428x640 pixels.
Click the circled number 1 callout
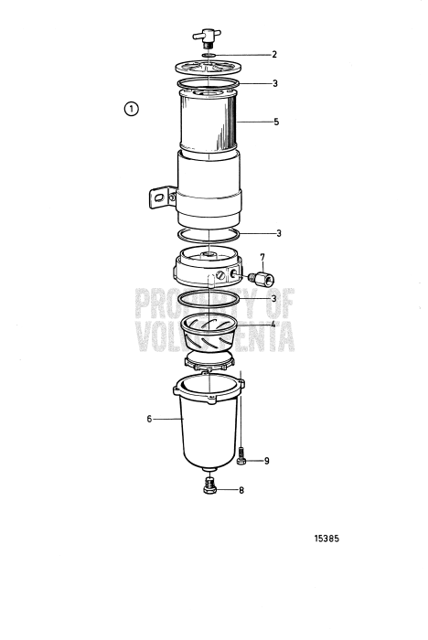click(132, 110)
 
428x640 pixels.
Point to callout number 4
click(272, 324)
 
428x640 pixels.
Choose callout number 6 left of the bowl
click(149, 419)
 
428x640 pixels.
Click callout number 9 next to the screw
click(266, 461)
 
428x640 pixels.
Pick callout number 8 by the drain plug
click(241, 491)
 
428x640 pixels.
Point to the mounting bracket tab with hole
click(162, 197)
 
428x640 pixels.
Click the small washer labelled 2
click(209, 54)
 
